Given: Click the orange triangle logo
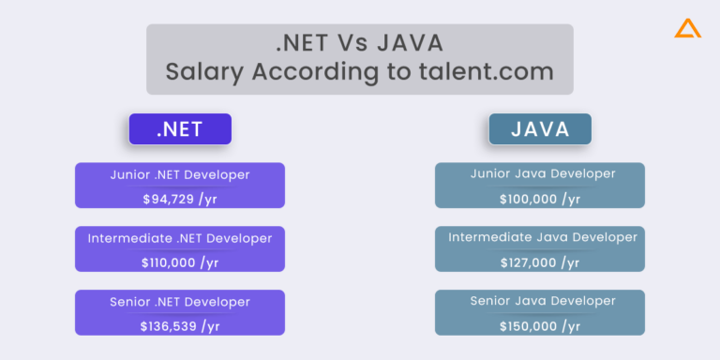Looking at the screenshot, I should coord(687,29).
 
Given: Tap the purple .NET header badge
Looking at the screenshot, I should coord(180,129).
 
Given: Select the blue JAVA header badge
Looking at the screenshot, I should coord(540,129).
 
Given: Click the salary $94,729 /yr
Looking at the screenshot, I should coord(180,199).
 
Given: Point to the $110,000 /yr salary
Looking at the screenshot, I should coord(180,262).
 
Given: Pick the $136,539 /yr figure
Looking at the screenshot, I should coord(180,326).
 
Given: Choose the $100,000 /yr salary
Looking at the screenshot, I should coord(540,199).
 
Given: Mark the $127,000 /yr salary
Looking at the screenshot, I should coord(540,262).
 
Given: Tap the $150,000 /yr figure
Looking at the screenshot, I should coord(540,326).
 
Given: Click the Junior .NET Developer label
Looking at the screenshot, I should coord(180,174).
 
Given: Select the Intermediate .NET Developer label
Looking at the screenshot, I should coord(180,238).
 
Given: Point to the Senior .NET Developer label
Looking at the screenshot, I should coord(180,302).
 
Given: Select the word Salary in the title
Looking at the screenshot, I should coord(202,71).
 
